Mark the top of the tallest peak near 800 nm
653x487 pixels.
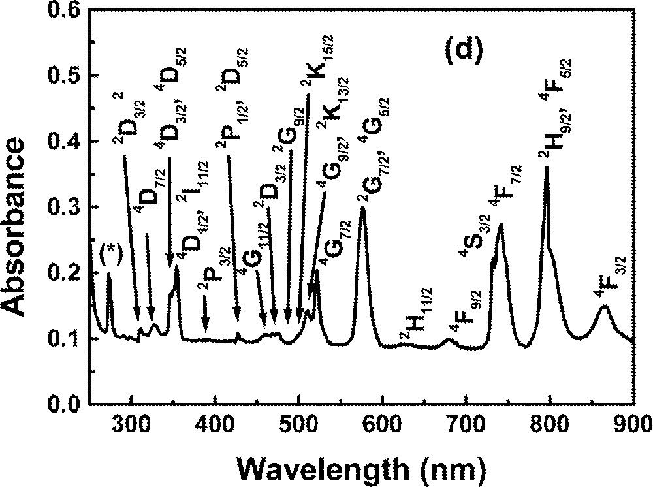pos(546,168)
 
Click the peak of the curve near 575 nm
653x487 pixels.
pos(363,208)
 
